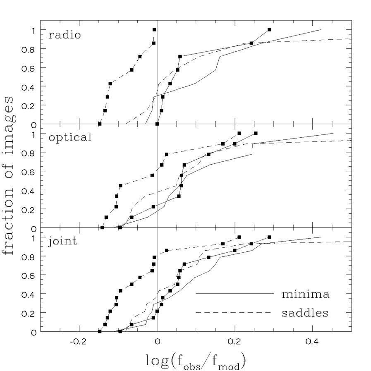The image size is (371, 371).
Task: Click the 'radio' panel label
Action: coord(64,35)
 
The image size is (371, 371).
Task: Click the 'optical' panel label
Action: coord(70,137)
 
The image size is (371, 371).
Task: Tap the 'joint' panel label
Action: coord(63,240)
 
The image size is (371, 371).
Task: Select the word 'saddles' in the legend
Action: coord(305,313)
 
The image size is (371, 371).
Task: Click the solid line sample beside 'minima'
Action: coord(235,293)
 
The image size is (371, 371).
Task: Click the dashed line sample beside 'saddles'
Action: coord(235,312)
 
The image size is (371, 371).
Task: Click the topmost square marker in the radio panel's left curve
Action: coord(154,30)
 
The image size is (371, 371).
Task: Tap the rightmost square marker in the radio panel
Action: coord(269,30)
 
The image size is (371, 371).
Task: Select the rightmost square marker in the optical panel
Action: coord(256,133)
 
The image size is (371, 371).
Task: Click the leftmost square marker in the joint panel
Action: coord(100,331)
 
